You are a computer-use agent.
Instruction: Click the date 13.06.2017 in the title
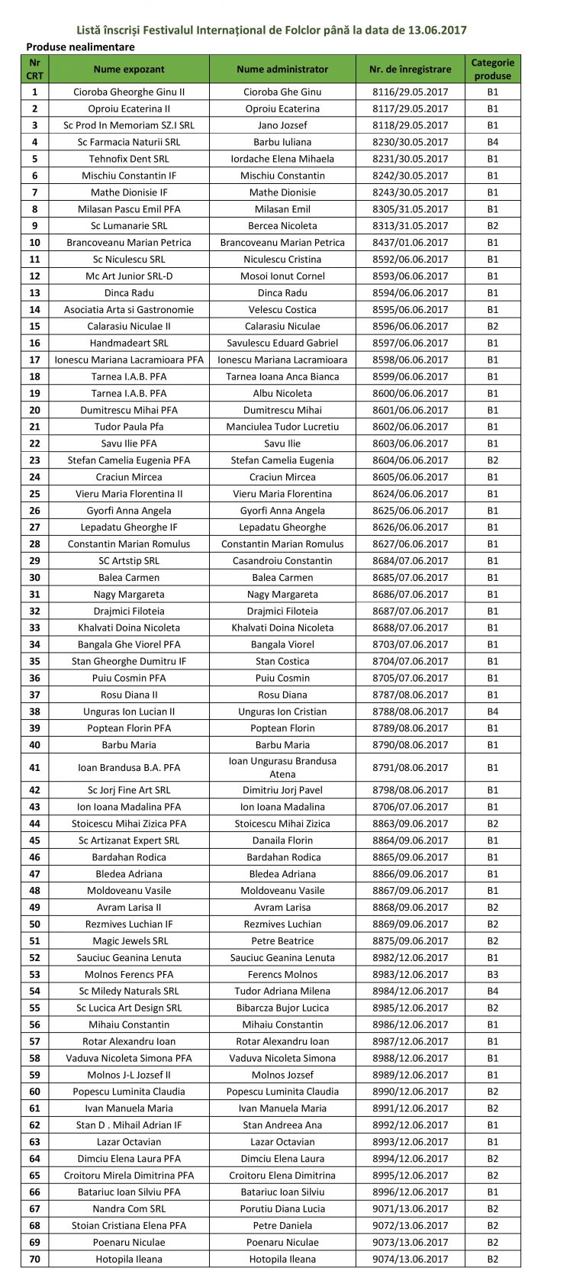tap(432, 31)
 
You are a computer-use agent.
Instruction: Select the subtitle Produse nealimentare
tap(80, 47)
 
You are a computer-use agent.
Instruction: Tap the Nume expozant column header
tap(129, 69)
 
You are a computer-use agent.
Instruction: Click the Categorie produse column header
tap(492, 69)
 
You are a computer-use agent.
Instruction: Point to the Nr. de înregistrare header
tap(410, 69)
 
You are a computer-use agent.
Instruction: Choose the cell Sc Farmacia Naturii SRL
tap(129, 142)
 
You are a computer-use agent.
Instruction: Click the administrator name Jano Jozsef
tap(282, 125)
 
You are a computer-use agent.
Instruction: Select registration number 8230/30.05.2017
tap(410, 142)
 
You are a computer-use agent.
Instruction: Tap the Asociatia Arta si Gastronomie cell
tap(129, 310)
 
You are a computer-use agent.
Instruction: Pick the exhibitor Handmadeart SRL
tap(129, 344)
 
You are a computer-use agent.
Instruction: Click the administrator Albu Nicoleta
tap(282, 394)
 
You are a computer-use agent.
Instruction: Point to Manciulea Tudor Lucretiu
tap(282, 427)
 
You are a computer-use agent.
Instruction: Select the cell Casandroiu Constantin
tap(282, 561)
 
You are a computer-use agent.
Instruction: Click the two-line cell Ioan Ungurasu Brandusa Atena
tap(282, 768)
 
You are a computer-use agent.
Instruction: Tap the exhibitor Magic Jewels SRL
tap(129, 941)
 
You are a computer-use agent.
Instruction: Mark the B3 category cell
tap(492, 975)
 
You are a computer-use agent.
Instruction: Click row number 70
tap(34, 1260)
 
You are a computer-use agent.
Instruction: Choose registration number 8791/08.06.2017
tap(410, 768)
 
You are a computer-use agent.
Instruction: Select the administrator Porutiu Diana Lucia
tap(282, 1209)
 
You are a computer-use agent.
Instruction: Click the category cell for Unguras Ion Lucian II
tap(492, 711)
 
